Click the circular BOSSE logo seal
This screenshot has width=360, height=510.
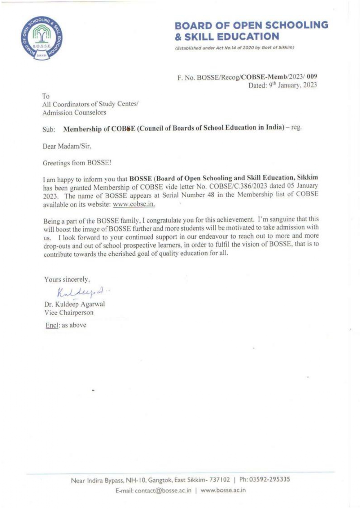42,38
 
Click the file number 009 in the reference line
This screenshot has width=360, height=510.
312,77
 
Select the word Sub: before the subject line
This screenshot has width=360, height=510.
48,130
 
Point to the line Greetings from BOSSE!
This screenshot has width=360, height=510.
77,163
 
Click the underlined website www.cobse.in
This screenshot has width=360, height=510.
134,204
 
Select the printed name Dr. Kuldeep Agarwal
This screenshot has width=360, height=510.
75,304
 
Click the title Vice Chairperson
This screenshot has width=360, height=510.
69,313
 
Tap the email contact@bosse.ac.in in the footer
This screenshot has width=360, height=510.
163,491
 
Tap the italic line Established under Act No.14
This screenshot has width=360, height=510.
235,48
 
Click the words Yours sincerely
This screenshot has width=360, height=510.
67,280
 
